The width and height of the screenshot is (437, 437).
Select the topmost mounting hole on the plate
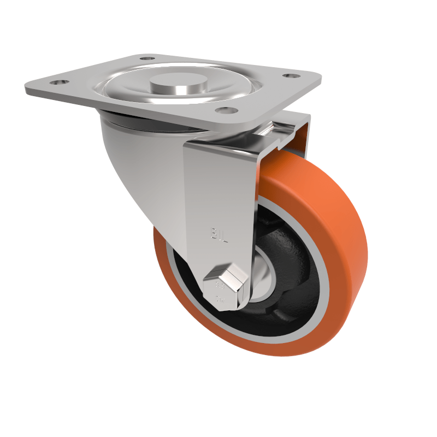[147, 57]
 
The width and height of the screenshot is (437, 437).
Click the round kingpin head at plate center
[179, 85]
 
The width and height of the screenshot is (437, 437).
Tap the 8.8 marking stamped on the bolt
[220, 285]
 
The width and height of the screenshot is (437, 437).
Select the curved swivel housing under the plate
[137, 164]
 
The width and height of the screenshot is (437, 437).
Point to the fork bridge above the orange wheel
[284, 134]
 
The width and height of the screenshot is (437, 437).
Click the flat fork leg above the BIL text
[218, 186]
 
